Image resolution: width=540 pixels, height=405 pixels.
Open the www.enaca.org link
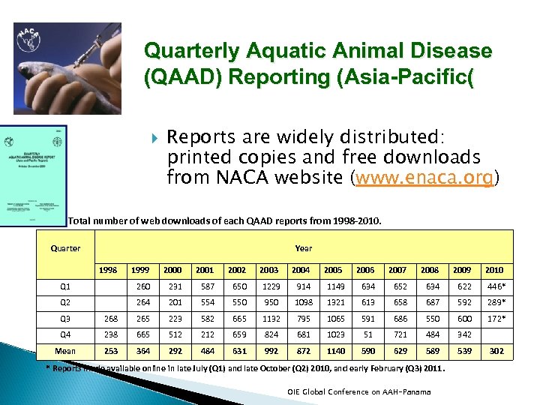(x=425, y=178)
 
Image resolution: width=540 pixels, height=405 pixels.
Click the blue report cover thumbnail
(x=34, y=175)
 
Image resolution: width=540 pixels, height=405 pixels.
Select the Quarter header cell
(x=65, y=248)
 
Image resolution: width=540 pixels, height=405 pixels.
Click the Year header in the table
(x=304, y=248)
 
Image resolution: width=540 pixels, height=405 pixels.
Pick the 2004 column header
(x=301, y=270)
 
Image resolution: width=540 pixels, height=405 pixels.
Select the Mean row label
(x=65, y=351)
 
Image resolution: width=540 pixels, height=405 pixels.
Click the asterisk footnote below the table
(x=247, y=369)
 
